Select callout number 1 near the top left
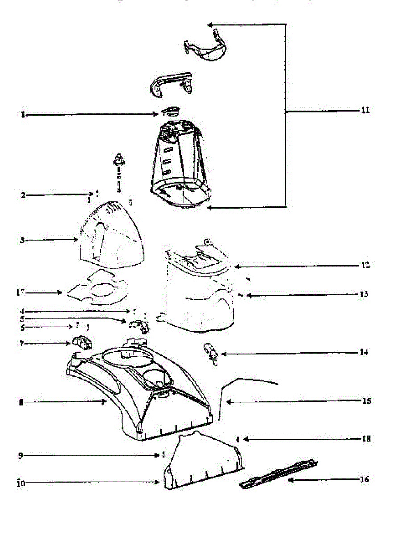pos(22,115)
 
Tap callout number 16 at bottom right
pos(364,480)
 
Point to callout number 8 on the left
pos(21,402)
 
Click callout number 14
pos(364,352)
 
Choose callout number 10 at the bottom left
pos(21,482)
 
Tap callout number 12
pos(365,265)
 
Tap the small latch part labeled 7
pos(80,343)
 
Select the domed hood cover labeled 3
pos(113,234)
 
